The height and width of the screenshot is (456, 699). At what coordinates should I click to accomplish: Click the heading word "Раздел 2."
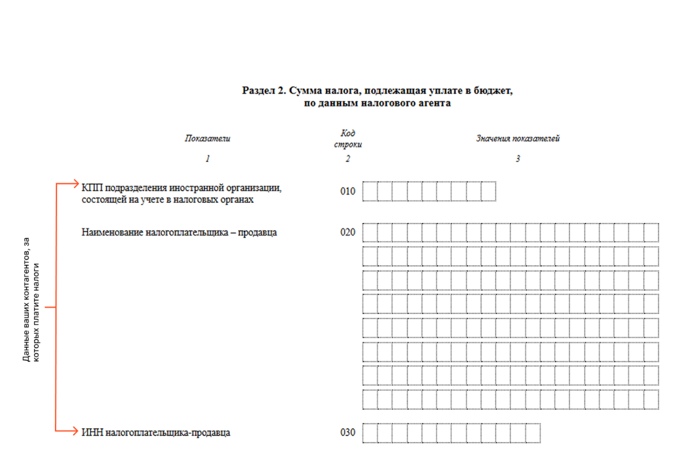pos(263,91)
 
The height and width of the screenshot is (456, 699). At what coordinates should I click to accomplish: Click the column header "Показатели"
pos(207,139)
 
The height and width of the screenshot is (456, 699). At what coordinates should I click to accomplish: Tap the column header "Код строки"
pos(348,139)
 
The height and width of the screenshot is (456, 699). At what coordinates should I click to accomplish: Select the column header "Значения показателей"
pos(518,139)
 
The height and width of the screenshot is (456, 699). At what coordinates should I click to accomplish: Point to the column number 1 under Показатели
pos(207,159)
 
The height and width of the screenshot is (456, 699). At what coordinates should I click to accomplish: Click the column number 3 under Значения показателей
pos(518,159)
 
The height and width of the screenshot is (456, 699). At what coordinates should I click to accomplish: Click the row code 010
pos(348,192)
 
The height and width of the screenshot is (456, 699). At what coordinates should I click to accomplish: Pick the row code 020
pos(348,233)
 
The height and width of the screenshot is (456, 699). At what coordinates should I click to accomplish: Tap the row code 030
pos(348,433)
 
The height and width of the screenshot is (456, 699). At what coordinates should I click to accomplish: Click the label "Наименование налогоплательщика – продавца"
pos(179,233)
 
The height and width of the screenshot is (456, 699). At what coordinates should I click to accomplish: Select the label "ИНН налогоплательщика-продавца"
pos(156,433)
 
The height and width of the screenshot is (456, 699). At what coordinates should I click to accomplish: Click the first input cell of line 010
pos(370,191)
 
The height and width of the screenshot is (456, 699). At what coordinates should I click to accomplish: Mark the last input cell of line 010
pos(488,191)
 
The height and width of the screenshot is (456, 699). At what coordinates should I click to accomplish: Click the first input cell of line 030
pos(370,433)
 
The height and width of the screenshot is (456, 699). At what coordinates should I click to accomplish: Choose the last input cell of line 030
pos(533,433)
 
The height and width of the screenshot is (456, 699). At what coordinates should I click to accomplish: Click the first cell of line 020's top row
pos(370,233)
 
